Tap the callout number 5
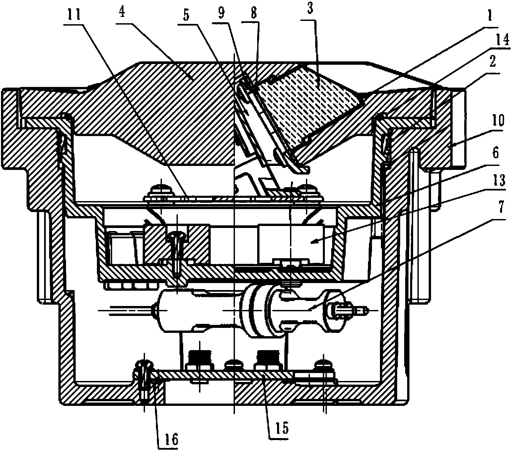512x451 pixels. point(186,16)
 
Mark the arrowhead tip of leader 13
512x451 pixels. point(311,243)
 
